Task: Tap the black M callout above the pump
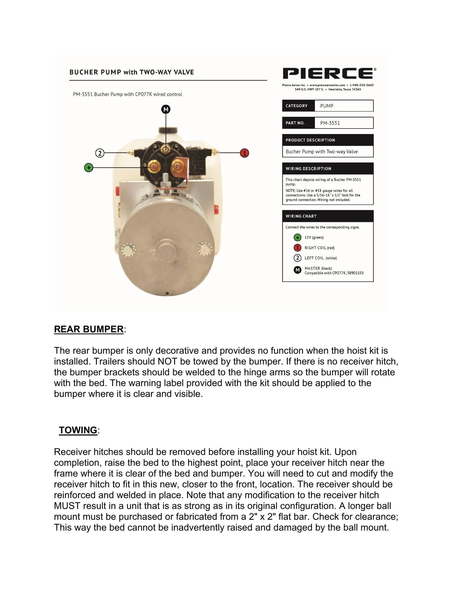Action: coord(166,109)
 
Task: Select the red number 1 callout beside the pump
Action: coord(244,153)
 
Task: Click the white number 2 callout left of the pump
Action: coord(100,153)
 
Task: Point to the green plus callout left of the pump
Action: coord(89,168)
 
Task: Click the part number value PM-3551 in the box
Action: coord(330,123)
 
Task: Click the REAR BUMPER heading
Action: coord(89,329)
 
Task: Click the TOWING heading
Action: coord(78,430)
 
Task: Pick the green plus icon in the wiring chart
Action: coord(297,237)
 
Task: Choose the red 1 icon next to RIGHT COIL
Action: coord(297,248)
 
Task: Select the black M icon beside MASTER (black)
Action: coord(297,270)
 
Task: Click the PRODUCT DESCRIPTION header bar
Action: coord(328,140)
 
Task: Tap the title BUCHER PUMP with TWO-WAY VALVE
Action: coord(132,72)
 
